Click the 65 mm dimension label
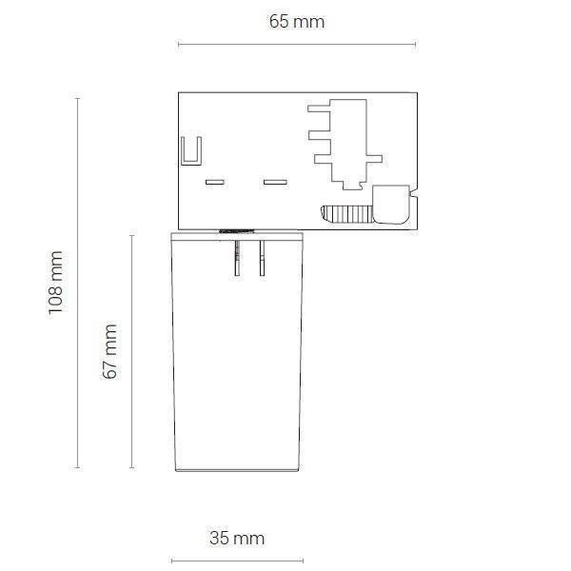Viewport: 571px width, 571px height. click(x=297, y=22)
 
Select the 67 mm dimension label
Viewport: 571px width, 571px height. click(x=109, y=351)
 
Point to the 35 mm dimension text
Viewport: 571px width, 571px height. click(x=237, y=539)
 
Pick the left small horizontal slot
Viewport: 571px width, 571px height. click(x=215, y=182)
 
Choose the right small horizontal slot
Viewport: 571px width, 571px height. click(x=275, y=182)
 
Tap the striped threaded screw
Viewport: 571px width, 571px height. click(x=347, y=214)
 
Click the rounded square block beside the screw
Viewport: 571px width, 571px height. click(x=391, y=205)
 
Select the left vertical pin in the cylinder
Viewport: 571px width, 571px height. click(x=237, y=258)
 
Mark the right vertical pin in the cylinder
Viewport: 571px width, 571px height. click(x=263, y=258)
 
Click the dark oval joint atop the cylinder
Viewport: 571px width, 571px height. click(x=237, y=231)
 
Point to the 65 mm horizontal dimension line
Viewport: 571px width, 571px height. click(x=297, y=45)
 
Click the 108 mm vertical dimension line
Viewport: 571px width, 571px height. click(x=77, y=283)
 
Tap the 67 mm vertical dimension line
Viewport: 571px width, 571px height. click(x=132, y=351)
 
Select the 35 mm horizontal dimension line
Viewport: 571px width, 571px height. click(x=237, y=561)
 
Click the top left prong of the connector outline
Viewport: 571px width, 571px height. click(x=319, y=108)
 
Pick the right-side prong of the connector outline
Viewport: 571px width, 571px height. click(x=374, y=159)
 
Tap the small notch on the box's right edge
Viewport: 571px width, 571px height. click(x=413, y=191)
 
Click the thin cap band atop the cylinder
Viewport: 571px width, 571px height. click(x=237, y=237)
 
